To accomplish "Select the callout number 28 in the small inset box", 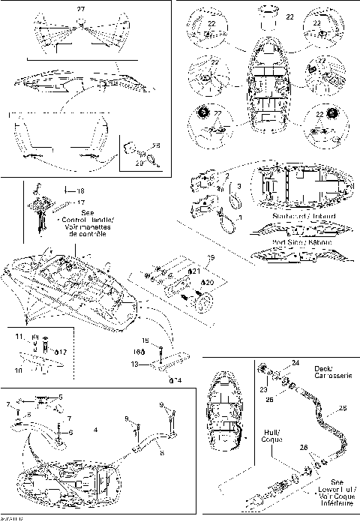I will coord(156,145).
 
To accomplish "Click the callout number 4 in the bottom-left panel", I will coord(95,430).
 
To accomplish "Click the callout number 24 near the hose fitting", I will coord(295,362).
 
